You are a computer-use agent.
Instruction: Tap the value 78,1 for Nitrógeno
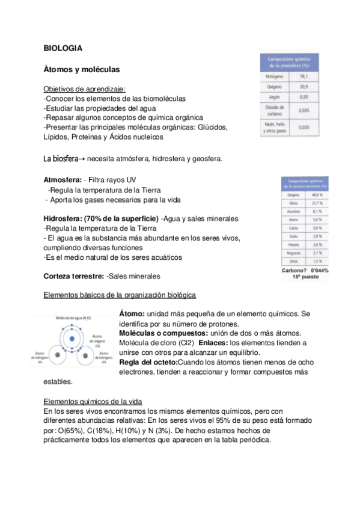point(304,77)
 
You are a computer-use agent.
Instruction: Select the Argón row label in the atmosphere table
point(273,97)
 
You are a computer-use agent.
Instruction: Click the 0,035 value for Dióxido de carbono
point(304,111)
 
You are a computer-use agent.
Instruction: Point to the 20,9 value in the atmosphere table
point(304,87)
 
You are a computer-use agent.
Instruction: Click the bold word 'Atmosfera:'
point(63,180)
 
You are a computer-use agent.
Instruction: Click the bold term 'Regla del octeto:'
point(148,363)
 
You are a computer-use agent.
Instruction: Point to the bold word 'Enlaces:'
point(214,342)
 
